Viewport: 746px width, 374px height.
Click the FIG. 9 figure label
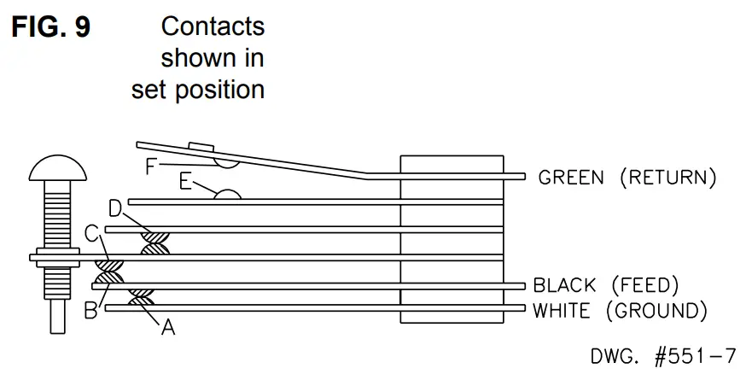[x=50, y=27]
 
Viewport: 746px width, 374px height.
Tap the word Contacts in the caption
[x=213, y=26]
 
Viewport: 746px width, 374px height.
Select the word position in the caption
[x=224, y=89]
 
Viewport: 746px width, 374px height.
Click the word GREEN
[x=571, y=178]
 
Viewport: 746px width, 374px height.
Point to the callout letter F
[x=151, y=166]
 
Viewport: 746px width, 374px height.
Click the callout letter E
[x=186, y=181]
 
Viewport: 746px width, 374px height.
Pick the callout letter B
[x=90, y=311]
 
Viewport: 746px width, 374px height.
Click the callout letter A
[x=168, y=326]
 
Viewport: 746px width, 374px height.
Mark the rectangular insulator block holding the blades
[x=452, y=239]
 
